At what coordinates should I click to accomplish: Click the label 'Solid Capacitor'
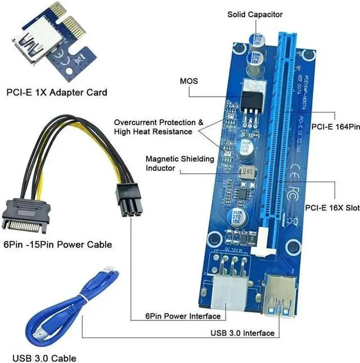click(x=255, y=14)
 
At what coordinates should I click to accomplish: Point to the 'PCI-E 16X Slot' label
click(x=332, y=207)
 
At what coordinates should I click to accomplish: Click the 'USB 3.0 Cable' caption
click(x=43, y=357)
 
